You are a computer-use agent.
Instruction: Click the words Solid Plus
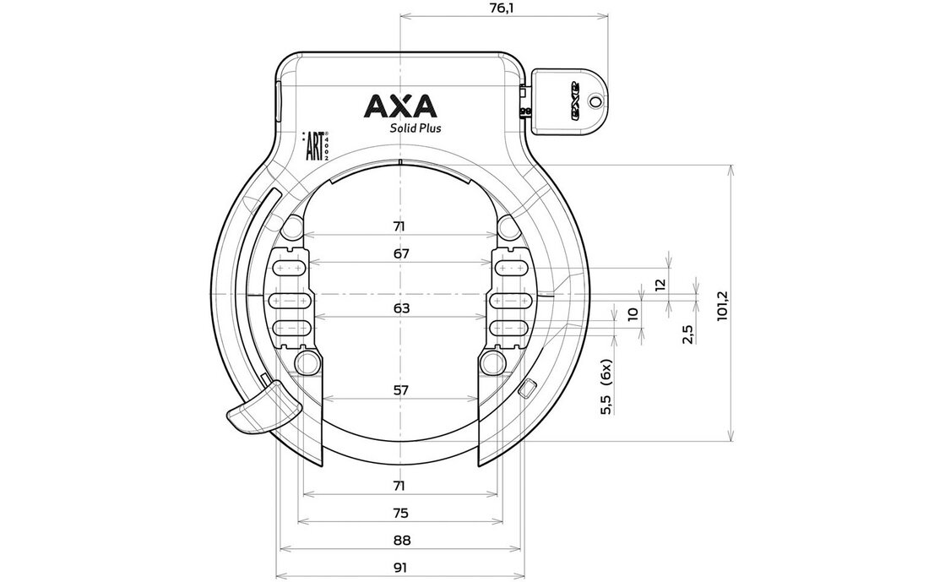pos(414,128)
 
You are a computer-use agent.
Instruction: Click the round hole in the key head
pos(596,101)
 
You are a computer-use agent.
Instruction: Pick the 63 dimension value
pos(400,308)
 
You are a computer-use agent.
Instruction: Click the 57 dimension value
pos(400,390)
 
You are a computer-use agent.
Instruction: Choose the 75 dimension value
pos(400,513)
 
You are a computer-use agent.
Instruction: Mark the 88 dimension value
pos(400,541)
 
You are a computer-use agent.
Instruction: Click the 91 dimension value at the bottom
pos(400,568)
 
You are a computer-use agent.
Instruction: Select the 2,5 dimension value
pos(689,333)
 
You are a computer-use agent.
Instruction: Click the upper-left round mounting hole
pos(291,227)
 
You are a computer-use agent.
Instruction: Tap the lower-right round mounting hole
pos(491,363)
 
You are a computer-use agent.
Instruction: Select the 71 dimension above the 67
pos(400,226)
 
